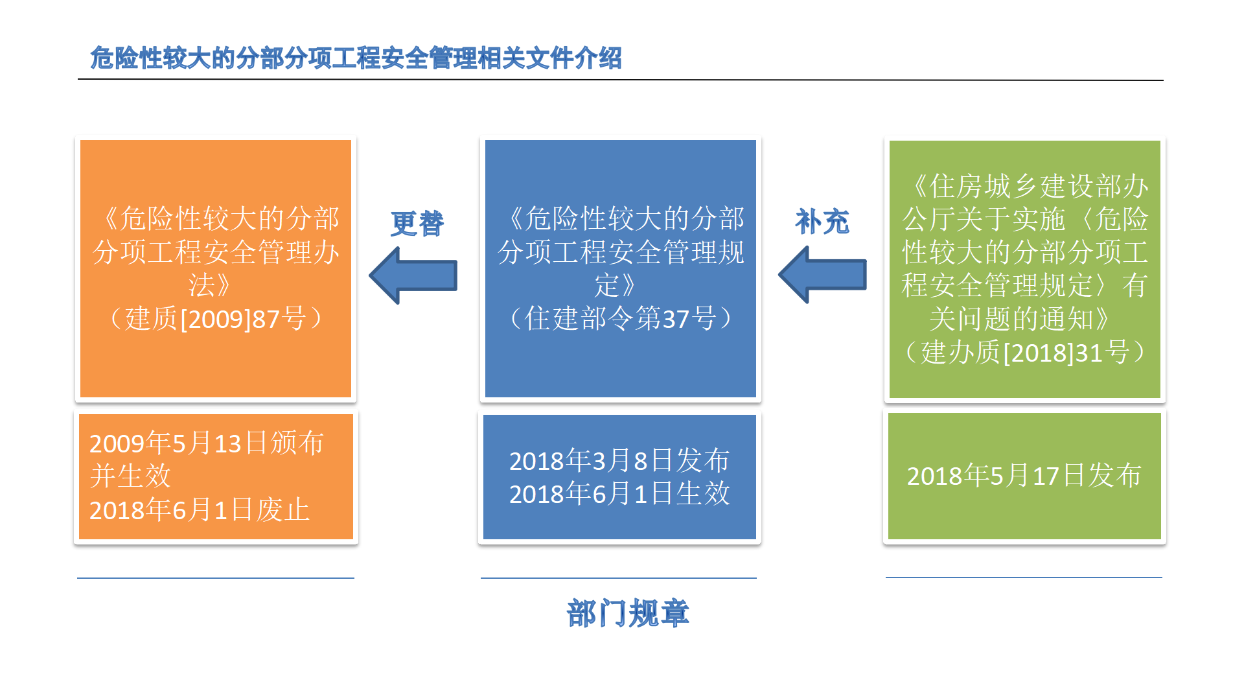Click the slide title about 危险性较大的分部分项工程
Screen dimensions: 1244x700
click(x=356, y=58)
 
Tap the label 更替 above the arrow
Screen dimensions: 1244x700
click(x=417, y=224)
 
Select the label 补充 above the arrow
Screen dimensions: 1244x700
click(x=822, y=222)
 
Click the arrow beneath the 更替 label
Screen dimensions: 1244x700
click(x=413, y=275)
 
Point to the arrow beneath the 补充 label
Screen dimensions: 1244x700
click(x=822, y=275)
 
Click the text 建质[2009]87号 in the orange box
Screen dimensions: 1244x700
click(x=215, y=319)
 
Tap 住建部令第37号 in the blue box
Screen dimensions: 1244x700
click(x=620, y=319)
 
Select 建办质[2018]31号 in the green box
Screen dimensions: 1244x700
click(x=1025, y=353)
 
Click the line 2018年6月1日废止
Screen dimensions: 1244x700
click(x=200, y=510)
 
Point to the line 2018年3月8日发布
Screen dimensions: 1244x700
click(x=619, y=461)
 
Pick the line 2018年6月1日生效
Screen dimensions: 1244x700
click(x=619, y=494)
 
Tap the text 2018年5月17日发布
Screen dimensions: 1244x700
click(x=1024, y=476)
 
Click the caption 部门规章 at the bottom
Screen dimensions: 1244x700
click(x=628, y=613)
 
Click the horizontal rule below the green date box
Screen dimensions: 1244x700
click(x=1024, y=577)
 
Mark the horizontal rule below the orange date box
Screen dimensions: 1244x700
click(x=216, y=577)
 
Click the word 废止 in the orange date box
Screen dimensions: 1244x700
click(x=282, y=510)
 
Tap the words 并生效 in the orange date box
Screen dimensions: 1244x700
click(x=130, y=476)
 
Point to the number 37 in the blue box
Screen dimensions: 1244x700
click(x=676, y=319)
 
